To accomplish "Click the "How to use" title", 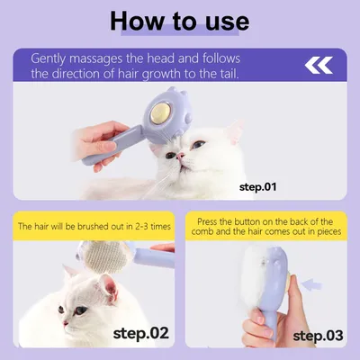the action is click(179, 21).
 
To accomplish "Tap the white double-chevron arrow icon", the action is click(319, 65).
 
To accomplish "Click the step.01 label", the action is click(257, 187).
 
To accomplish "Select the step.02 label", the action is click(141, 333).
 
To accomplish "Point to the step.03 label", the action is click(318, 335).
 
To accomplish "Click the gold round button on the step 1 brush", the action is click(160, 112).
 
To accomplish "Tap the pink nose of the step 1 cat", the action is click(180, 156).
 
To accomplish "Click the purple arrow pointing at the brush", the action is click(311, 284).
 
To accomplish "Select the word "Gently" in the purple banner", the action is click(48, 59).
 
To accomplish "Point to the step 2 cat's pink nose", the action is click(65, 323).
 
